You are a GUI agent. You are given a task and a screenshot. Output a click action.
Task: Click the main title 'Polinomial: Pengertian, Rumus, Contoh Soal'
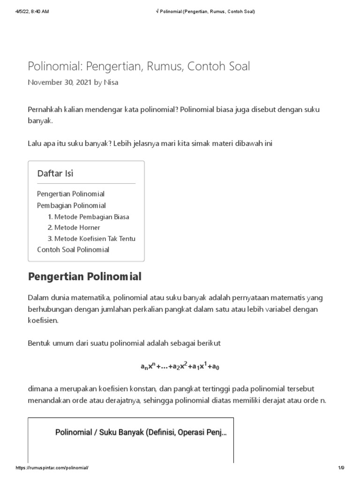[139, 67]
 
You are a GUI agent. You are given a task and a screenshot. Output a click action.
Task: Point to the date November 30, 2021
[60, 82]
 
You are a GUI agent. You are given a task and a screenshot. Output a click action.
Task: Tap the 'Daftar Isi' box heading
[55, 173]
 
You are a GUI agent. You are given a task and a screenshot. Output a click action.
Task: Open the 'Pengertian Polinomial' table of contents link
[71, 194]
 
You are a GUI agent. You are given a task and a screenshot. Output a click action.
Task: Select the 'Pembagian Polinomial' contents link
[71, 205]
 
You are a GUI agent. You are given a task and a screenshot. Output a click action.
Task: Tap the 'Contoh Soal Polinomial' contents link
[73, 249]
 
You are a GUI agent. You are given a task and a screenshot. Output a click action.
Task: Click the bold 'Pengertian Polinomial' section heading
[84, 277]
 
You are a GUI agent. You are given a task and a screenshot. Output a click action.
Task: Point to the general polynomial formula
[180, 367]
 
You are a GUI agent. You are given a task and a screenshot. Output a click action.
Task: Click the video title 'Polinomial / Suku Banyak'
[141, 432]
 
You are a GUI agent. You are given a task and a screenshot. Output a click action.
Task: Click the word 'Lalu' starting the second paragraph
[35, 143]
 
